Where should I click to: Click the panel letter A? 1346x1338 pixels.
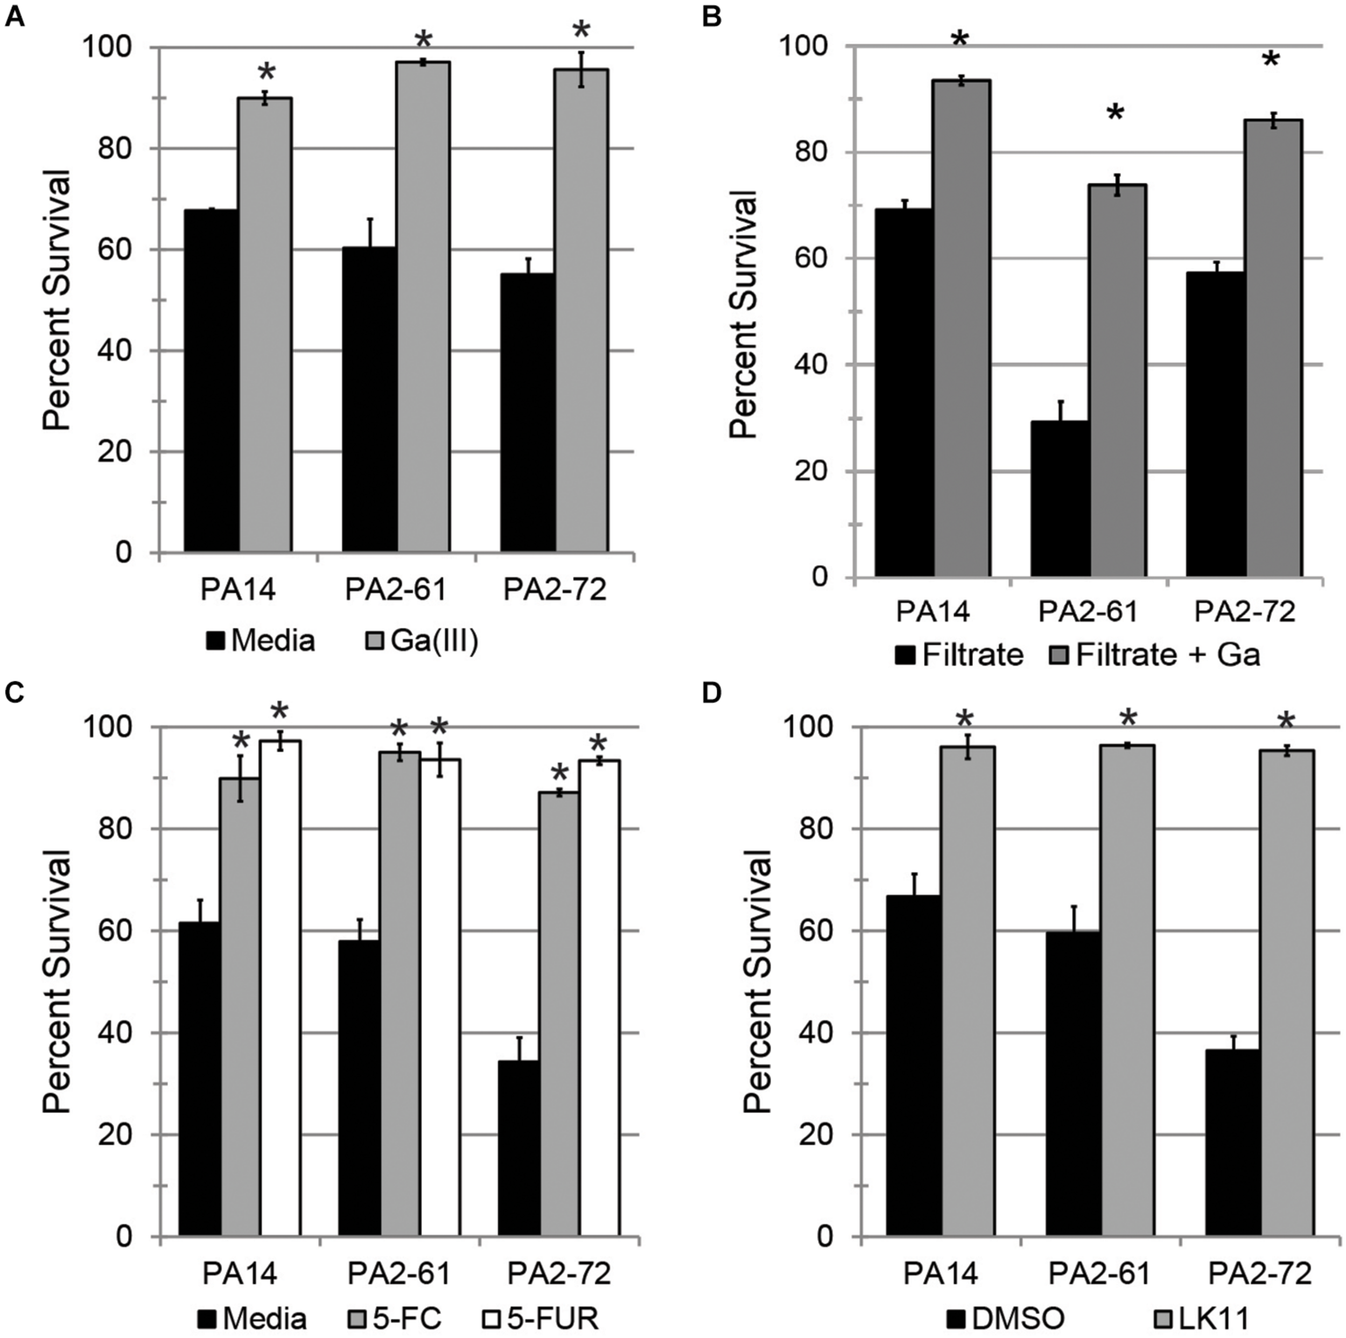click(15, 15)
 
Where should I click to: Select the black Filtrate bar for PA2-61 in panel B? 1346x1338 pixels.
click(1060, 498)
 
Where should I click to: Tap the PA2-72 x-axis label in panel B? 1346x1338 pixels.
click(1244, 612)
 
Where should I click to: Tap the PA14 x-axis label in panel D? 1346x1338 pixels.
click(941, 1273)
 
